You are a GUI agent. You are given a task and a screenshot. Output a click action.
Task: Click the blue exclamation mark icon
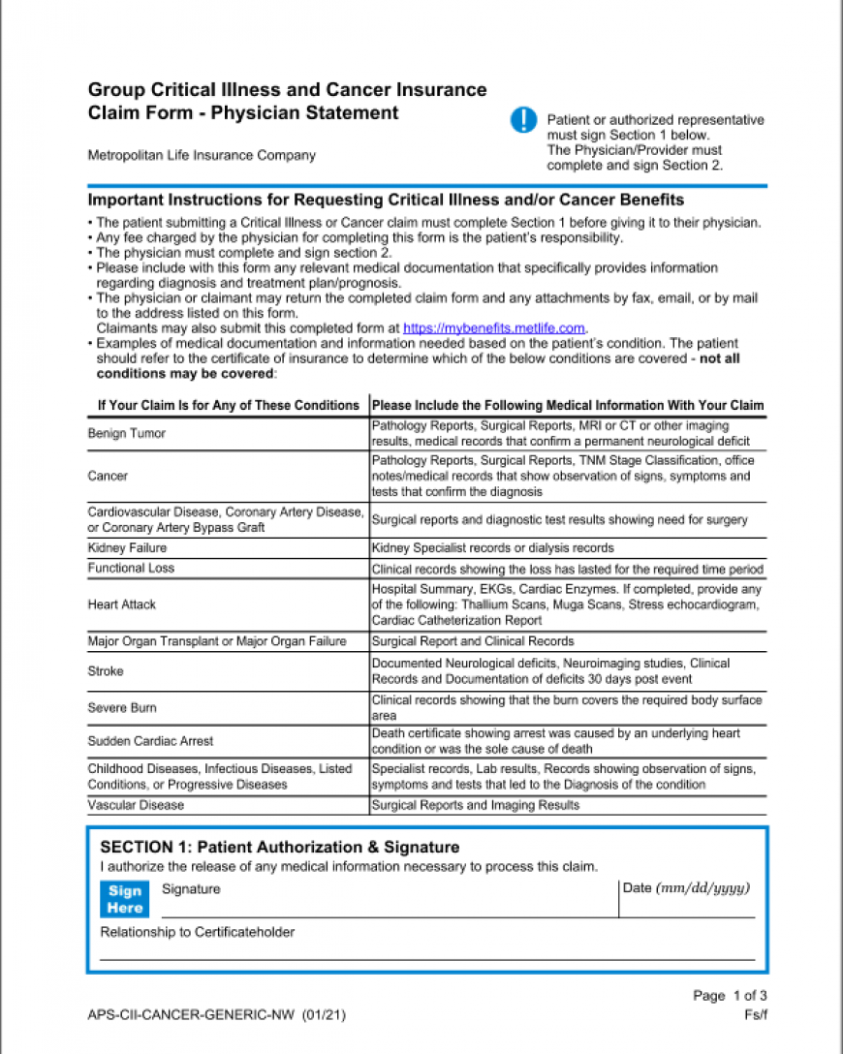tap(522, 120)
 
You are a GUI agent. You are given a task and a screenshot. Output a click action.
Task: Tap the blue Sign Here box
tap(125, 899)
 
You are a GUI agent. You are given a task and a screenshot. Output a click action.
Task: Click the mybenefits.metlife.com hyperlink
tap(494, 328)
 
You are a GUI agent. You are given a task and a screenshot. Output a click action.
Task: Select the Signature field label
tap(191, 889)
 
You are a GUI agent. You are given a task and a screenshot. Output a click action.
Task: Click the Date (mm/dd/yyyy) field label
tap(687, 888)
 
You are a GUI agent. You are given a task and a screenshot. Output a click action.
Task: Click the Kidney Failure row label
tap(127, 548)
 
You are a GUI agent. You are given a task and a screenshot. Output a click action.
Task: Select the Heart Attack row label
tap(122, 604)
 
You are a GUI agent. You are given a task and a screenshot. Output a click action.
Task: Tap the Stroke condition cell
tap(106, 671)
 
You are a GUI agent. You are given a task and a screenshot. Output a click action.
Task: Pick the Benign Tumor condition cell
tap(127, 433)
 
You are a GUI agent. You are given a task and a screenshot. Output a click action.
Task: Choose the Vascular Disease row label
tap(136, 805)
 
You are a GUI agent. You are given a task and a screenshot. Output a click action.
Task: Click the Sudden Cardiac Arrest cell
tap(150, 741)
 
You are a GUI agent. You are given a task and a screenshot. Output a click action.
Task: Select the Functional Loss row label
tap(131, 568)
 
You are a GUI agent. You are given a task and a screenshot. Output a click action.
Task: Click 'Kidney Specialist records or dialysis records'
tap(492, 548)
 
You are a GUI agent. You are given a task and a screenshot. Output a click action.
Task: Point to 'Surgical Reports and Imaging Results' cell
tap(476, 805)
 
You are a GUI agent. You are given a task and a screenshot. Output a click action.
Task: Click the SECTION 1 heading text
tap(280, 847)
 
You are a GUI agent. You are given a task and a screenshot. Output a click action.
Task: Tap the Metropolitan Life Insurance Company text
tap(202, 155)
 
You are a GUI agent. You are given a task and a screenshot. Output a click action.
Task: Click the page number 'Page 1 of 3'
tap(730, 995)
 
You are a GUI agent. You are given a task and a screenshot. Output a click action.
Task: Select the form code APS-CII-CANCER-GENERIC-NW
tap(191, 1015)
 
